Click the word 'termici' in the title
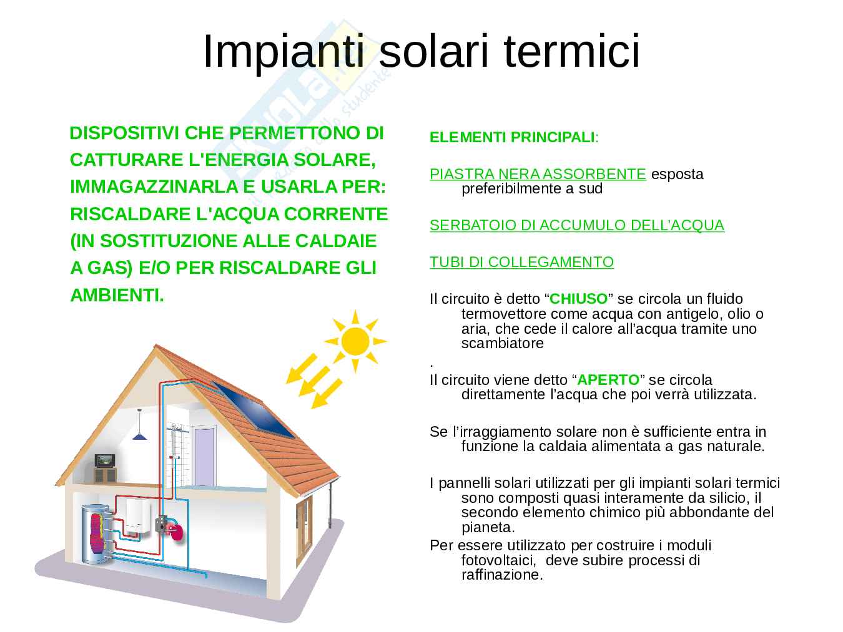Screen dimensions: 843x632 pos(571,51)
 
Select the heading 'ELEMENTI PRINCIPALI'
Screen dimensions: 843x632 pos(512,137)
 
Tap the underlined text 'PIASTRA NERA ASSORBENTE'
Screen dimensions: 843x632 pos(538,174)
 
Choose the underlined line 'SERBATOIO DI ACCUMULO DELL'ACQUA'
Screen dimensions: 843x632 pos(577,225)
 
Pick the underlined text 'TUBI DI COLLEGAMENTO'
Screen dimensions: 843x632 pos(521,261)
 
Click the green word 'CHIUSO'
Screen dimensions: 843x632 pos(578,299)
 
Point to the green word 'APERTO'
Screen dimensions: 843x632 pos(608,379)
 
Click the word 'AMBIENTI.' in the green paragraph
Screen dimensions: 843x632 pos(117,295)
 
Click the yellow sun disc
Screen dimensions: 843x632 pos(355,341)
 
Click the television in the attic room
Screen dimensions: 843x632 pos(105,460)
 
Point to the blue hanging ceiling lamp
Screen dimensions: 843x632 pos(139,435)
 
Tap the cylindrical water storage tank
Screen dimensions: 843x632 pos(97,534)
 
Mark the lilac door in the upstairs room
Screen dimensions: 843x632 pos(204,457)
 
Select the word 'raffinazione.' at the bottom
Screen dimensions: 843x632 pos(502,575)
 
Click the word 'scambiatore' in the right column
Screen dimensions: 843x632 pos(502,343)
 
